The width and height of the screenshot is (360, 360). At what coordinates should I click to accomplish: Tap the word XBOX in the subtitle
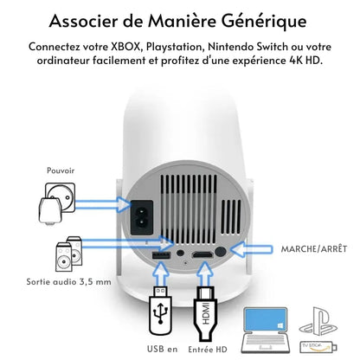point(125,47)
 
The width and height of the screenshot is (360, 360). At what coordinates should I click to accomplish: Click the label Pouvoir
point(61,170)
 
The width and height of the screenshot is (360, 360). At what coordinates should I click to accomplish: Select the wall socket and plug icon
point(57,203)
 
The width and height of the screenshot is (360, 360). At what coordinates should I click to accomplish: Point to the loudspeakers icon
point(68,254)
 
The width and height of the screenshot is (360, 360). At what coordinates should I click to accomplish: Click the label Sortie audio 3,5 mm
point(68,281)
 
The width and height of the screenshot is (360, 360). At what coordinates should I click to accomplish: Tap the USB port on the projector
point(161,255)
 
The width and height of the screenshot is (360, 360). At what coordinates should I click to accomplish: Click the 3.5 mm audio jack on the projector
point(180,253)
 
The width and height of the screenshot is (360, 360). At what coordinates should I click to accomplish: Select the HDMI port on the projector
point(202,255)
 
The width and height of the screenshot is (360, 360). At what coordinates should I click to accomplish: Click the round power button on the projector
point(221,251)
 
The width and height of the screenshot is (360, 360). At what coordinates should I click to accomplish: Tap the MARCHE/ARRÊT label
point(314,249)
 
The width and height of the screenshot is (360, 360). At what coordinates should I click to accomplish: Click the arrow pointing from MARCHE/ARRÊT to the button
point(252,249)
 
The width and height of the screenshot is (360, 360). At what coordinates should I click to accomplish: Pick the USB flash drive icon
point(160,311)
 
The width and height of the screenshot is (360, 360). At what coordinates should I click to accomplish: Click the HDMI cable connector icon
point(205,313)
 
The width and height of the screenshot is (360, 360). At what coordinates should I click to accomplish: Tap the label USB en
point(163,349)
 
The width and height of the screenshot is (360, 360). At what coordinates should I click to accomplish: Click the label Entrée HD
point(208,350)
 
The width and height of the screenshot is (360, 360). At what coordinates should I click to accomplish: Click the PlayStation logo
point(318,321)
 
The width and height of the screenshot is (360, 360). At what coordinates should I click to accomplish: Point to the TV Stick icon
point(318,347)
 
